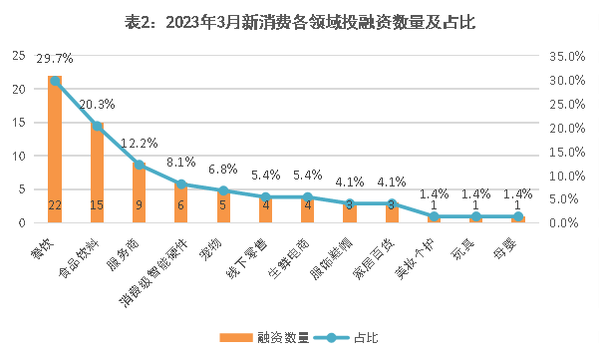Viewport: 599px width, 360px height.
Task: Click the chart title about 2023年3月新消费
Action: pos(300,21)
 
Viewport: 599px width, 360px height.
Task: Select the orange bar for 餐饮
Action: pos(55,150)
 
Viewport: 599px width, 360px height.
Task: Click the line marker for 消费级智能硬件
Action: pos(181,184)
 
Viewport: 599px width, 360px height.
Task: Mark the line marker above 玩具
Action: pos(475,216)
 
